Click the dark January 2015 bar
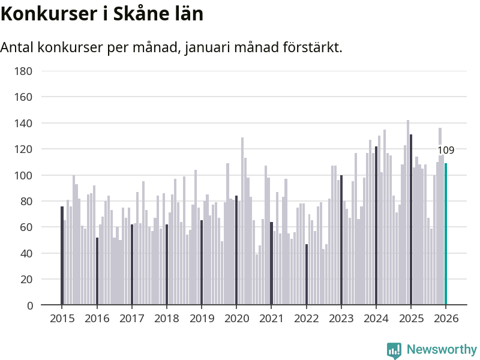tap(62, 256)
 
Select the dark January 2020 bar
tap(236, 250)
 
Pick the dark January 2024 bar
tap(376, 226)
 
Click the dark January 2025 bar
tap(411, 220)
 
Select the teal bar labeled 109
tap(446, 234)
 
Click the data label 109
tap(446, 151)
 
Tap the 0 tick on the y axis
tap(29, 305)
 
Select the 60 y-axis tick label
tap(26, 227)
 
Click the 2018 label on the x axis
tap(166, 319)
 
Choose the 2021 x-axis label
tap(271, 319)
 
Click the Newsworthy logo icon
tap(394, 350)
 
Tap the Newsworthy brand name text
tap(442, 350)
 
